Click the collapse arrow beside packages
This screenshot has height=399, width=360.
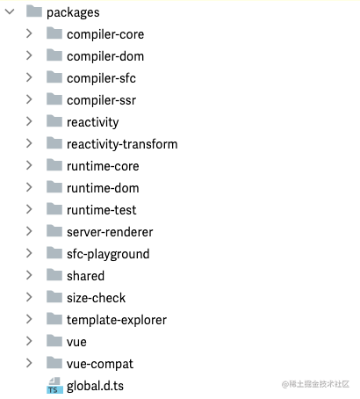pyautogui.click(x=10, y=11)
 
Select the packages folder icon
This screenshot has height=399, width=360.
pyautogui.click(x=34, y=11)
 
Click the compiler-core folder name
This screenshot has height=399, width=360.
pyautogui.click(x=105, y=34)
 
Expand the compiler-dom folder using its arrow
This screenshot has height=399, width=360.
pyautogui.click(x=29, y=55)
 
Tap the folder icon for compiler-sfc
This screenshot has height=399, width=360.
pyautogui.click(x=54, y=77)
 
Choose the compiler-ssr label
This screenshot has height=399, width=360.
pyautogui.click(x=101, y=100)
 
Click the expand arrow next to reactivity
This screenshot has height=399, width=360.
pyautogui.click(x=29, y=121)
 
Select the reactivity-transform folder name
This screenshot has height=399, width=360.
pyautogui.click(x=122, y=144)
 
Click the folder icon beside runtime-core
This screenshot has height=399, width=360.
pyautogui.click(x=54, y=165)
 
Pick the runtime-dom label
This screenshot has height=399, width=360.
pyautogui.click(x=103, y=188)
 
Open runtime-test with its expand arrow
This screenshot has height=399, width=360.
pyautogui.click(x=29, y=209)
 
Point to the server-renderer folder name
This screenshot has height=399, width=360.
pyautogui.click(x=110, y=232)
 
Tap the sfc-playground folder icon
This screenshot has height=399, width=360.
pyautogui.click(x=54, y=253)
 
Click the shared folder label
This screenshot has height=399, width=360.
pyautogui.click(x=85, y=276)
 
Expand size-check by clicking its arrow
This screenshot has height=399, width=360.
pyautogui.click(x=29, y=297)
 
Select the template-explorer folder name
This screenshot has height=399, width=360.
pyautogui.click(x=117, y=320)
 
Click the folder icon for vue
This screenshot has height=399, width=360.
pyautogui.click(x=54, y=341)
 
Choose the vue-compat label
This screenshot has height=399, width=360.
pyautogui.click(x=100, y=364)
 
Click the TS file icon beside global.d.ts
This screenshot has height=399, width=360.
pyautogui.click(x=54, y=385)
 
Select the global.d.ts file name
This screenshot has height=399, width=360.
pyautogui.click(x=95, y=386)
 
